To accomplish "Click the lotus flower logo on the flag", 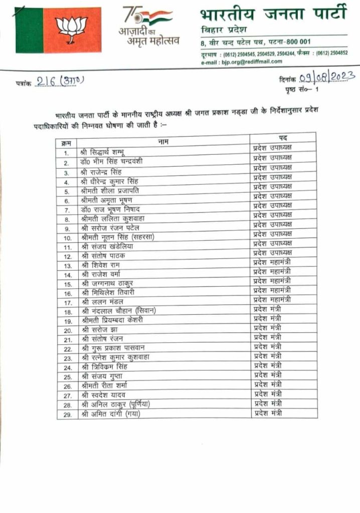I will point(71,29).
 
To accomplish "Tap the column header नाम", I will point(163,142).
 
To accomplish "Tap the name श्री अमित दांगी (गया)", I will point(111,414).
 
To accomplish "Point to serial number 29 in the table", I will point(66,415).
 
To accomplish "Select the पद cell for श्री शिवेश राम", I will point(272,262).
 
